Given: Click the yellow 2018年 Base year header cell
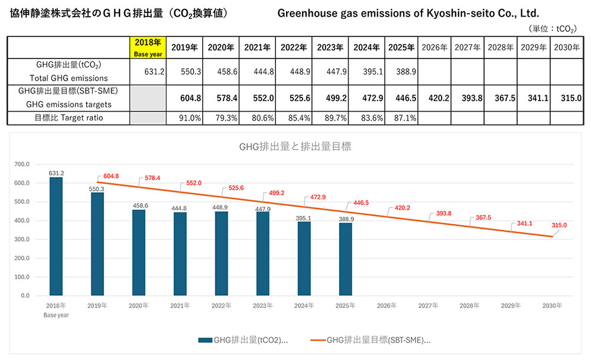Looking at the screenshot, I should click(x=147, y=47).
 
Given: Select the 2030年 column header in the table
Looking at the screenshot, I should click(x=568, y=47).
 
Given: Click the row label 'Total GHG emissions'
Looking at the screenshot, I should click(x=69, y=78).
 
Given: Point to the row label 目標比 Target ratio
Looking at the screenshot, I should click(x=69, y=118).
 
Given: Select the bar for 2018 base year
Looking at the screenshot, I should click(x=56, y=236).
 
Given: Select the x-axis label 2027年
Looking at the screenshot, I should click(x=428, y=305).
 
